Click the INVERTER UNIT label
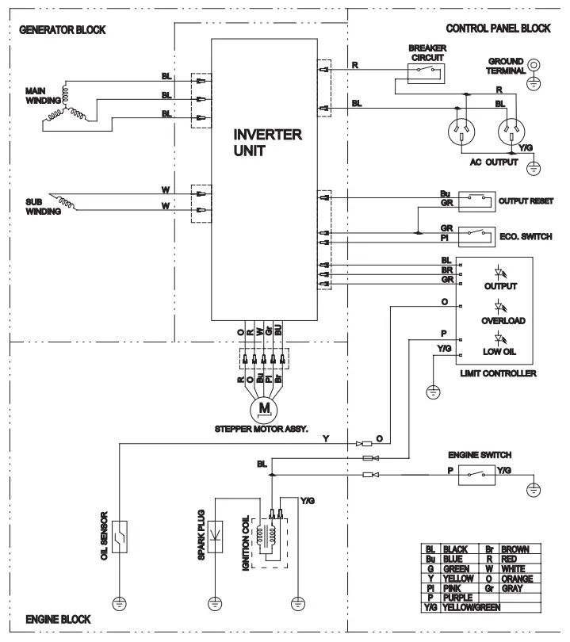(268, 143)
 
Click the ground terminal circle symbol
(535, 67)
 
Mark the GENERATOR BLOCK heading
(61, 29)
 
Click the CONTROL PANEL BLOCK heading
(499, 28)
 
